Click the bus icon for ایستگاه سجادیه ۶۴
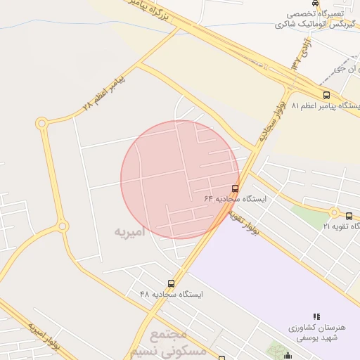[x=235, y=188]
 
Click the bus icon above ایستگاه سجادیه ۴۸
[x=170, y=283]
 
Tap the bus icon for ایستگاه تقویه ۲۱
[x=350, y=215]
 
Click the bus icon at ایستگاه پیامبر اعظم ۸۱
[x=326, y=95]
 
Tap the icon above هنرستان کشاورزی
[x=316, y=317]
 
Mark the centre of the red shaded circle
[x=180, y=180]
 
